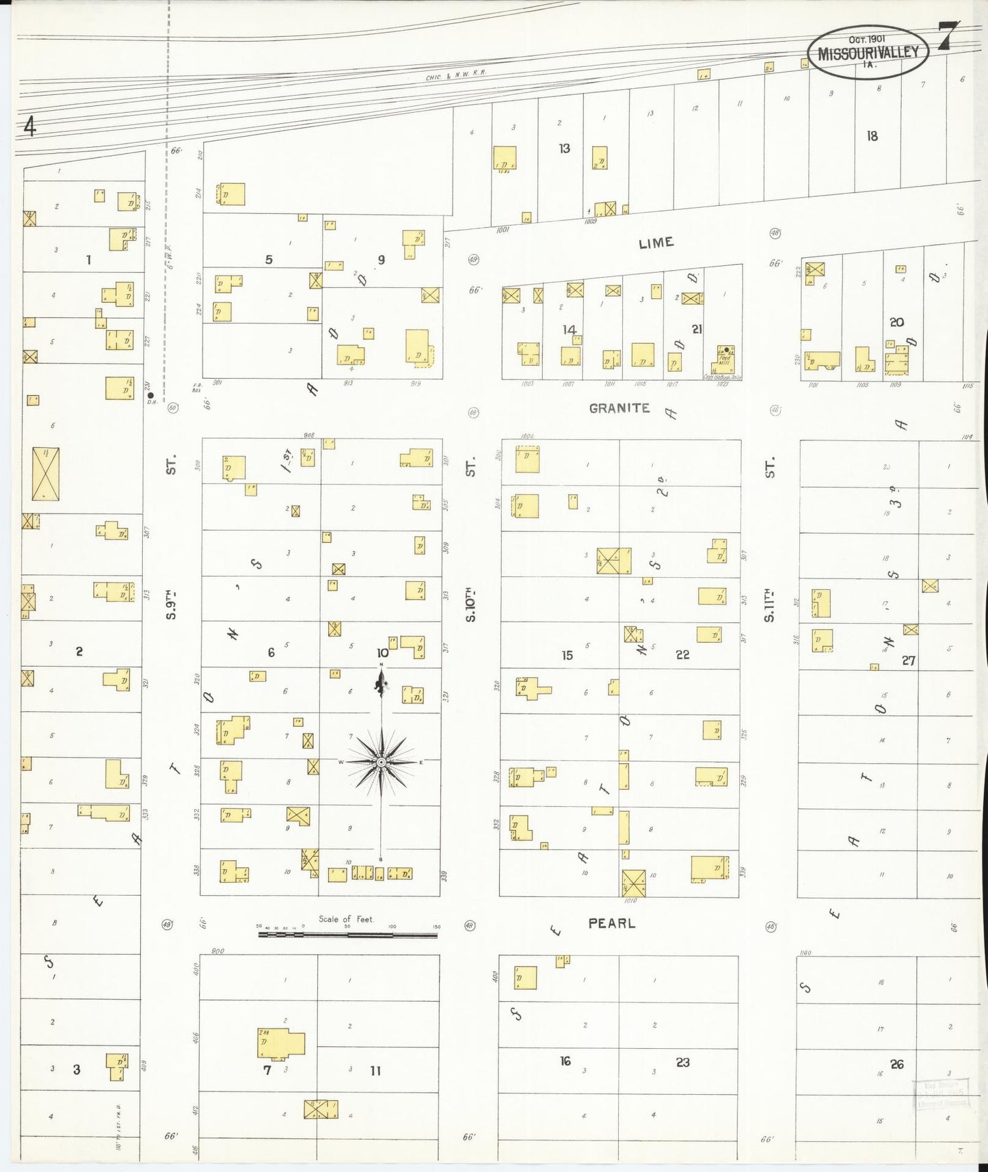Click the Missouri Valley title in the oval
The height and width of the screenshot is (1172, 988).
(868, 53)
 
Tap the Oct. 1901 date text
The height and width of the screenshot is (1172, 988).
(866, 39)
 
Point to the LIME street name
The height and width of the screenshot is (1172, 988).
(656, 243)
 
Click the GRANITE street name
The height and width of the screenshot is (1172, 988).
(619, 408)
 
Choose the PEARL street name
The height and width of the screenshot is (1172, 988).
(611, 923)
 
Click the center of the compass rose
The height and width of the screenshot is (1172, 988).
(382, 762)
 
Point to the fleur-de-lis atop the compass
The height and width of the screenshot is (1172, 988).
(382, 682)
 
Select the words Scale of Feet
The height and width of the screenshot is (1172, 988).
(347, 919)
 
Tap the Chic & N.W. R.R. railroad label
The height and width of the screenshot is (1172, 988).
(455, 77)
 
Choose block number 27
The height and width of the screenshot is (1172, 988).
(908, 661)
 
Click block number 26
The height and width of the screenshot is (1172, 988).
(896, 1064)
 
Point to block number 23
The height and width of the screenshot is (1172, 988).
(682, 1062)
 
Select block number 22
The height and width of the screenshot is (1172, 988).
(682, 654)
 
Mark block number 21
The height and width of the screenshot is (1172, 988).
(697, 329)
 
